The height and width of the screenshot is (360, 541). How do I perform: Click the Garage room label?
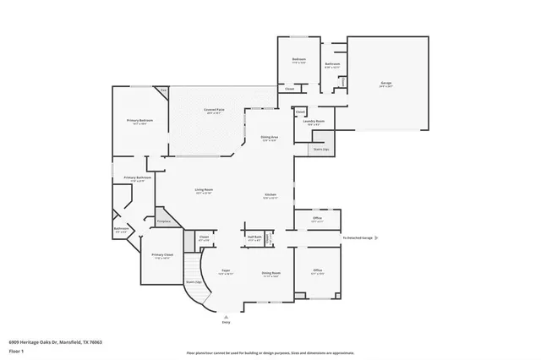[385, 83]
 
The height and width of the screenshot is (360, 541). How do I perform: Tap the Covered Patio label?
[214, 110]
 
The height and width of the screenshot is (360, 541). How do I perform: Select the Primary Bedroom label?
[139, 121]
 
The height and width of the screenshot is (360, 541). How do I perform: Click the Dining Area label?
[270, 137]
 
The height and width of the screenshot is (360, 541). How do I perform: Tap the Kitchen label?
[270, 194]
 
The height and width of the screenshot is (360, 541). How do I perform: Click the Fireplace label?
[166, 221]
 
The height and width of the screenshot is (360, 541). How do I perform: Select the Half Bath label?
[254, 237]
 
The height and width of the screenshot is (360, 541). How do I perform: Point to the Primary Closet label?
[161, 255]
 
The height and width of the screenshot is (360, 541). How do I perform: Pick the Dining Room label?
[270, 273]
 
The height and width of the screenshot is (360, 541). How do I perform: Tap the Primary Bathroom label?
[138, 177]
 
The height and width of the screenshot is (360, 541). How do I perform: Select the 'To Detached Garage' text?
[358, 237]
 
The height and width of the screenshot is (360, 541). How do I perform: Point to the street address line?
[56, 341]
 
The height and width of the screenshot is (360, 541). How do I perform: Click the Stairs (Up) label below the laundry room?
[321, 149]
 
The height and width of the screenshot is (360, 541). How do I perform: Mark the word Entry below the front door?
[226, 323]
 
